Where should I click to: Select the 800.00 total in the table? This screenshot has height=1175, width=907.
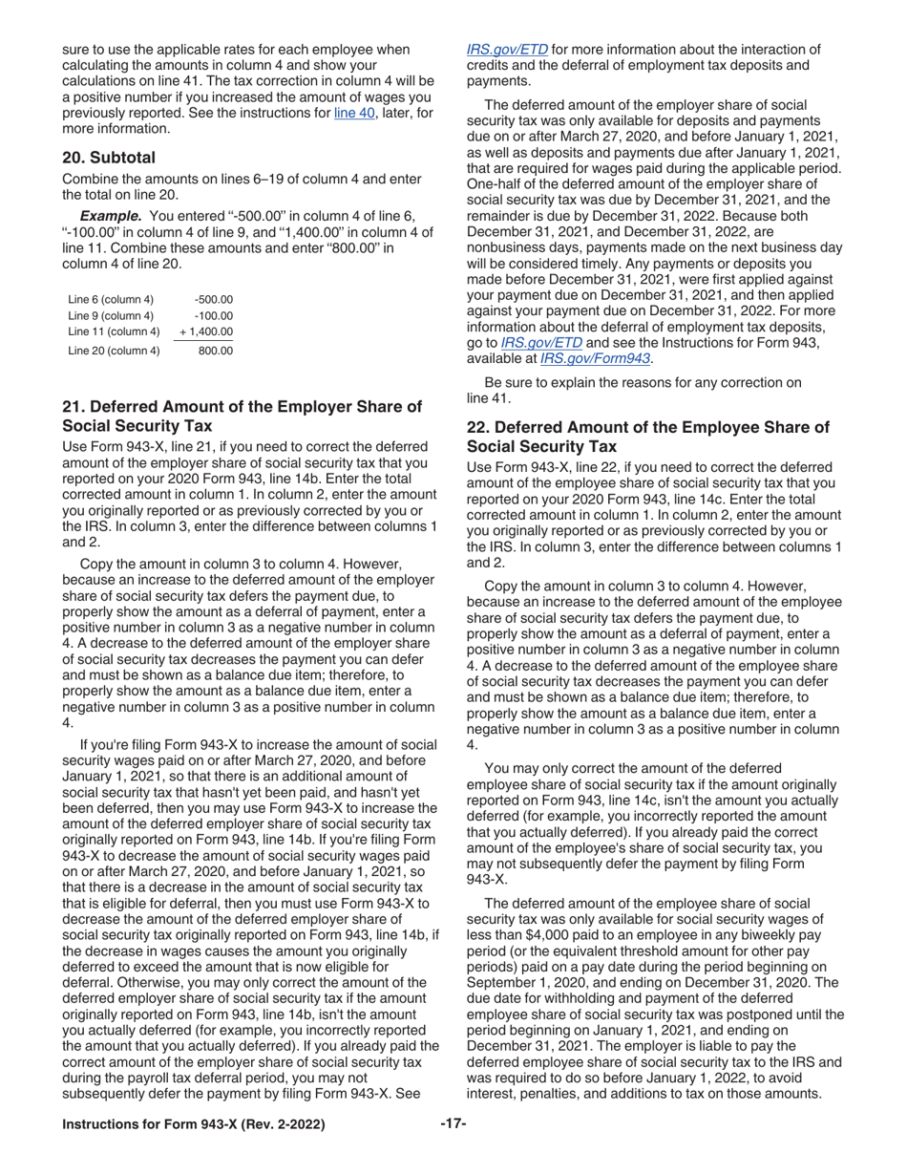coord(216,351)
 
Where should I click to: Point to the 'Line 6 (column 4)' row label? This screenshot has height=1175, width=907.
coord(111,299)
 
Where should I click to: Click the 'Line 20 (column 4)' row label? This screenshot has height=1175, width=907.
coord(114,351)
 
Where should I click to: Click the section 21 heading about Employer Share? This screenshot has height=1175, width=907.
coord(242,416)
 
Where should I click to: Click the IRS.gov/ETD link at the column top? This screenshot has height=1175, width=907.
coord(507,49)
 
